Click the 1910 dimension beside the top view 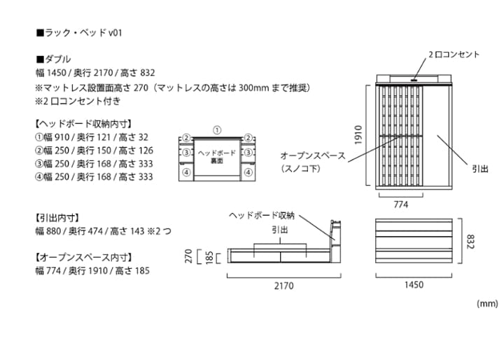click(358, 134)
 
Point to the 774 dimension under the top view click(400, 206)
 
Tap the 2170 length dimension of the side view click(283, 285)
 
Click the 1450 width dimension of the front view click(413, 285)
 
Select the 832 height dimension click(472, 241)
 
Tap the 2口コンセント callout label click(454, 55)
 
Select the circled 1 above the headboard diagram click(217, 130)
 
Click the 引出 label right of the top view click(479, 169)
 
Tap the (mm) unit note click(486, 303)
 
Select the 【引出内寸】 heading click(61, 217)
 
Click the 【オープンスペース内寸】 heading click(84, 257)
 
